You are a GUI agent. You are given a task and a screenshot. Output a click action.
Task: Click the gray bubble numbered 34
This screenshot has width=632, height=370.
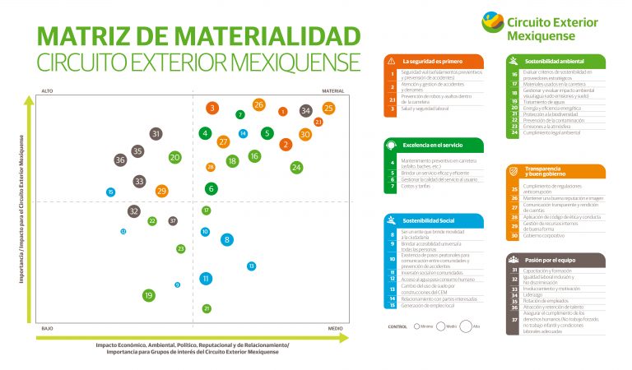click(305, 110)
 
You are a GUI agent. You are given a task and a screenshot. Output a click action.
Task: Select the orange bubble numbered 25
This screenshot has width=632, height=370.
click(328, 108)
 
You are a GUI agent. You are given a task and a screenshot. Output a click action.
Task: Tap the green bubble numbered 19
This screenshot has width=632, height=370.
click(149, 295)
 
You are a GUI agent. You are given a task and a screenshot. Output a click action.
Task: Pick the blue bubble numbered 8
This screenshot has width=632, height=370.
click(227, 240)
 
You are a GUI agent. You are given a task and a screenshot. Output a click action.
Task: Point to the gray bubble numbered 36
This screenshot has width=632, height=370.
click(120, 160)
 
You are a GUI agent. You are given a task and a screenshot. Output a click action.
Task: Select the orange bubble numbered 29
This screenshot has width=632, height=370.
click(161, 191)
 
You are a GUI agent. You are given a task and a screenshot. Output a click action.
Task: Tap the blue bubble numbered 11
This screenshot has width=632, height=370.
click(206, 279)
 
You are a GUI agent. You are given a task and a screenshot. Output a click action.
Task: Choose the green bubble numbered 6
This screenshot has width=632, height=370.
click(211, 188)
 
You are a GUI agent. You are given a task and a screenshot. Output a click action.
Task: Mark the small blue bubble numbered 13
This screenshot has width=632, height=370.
click(251, 266)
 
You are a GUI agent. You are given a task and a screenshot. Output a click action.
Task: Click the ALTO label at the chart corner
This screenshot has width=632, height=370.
click(47, 91)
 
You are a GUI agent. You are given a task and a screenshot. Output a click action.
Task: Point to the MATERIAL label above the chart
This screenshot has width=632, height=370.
click(332, 91)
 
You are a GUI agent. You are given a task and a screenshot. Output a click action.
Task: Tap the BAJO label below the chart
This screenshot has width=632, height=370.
click(48, 327)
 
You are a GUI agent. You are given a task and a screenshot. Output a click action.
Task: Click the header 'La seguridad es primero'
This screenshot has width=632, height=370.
click(431, 62)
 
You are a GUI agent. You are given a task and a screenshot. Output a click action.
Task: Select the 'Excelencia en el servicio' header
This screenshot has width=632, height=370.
click(433, 145)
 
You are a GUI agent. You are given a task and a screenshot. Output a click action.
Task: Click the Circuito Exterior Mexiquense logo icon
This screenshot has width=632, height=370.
click(493, 21)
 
